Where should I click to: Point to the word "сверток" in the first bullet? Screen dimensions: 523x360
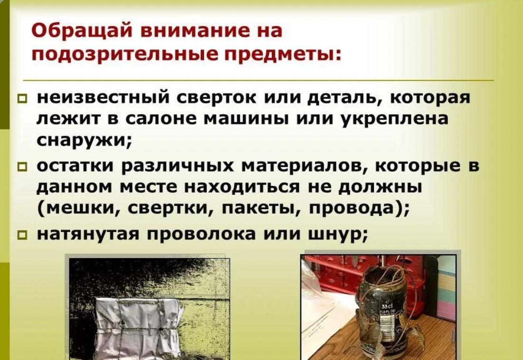point(216,98)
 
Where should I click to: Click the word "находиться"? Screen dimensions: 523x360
point(241,187)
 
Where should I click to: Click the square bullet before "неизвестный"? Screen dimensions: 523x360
point(23,99)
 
